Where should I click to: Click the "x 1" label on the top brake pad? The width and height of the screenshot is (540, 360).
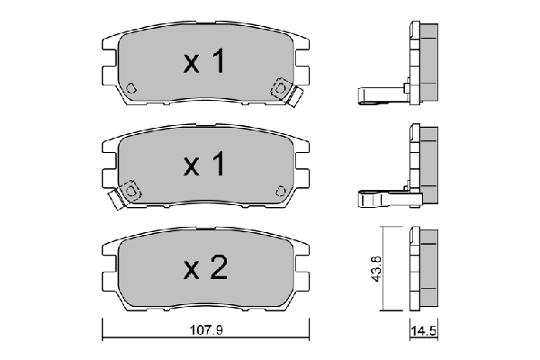[x=203, y=62]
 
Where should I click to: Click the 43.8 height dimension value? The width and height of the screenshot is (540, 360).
[x=375, y=270]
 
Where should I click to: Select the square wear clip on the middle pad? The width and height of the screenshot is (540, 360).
[x=130, y=191]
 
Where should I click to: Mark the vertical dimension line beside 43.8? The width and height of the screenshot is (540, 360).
[x=384, y=270]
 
